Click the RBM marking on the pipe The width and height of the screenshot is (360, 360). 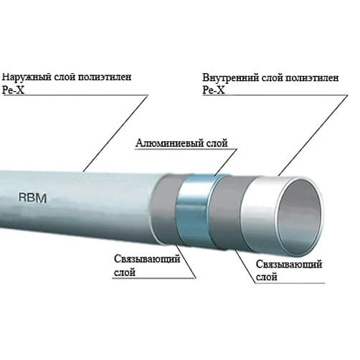32,198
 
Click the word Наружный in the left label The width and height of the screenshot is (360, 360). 24,77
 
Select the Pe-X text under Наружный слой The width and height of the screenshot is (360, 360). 14,90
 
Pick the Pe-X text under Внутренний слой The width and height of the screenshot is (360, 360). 214,90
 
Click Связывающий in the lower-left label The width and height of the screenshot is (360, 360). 147,259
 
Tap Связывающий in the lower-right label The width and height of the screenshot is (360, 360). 289,264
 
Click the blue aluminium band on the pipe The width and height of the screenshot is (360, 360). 194,209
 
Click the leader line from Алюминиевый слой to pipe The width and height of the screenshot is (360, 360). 225,163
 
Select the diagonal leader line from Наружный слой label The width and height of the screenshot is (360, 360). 115,133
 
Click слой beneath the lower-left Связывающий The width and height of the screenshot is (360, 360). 125,273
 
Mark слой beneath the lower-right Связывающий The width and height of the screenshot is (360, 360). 267,278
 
